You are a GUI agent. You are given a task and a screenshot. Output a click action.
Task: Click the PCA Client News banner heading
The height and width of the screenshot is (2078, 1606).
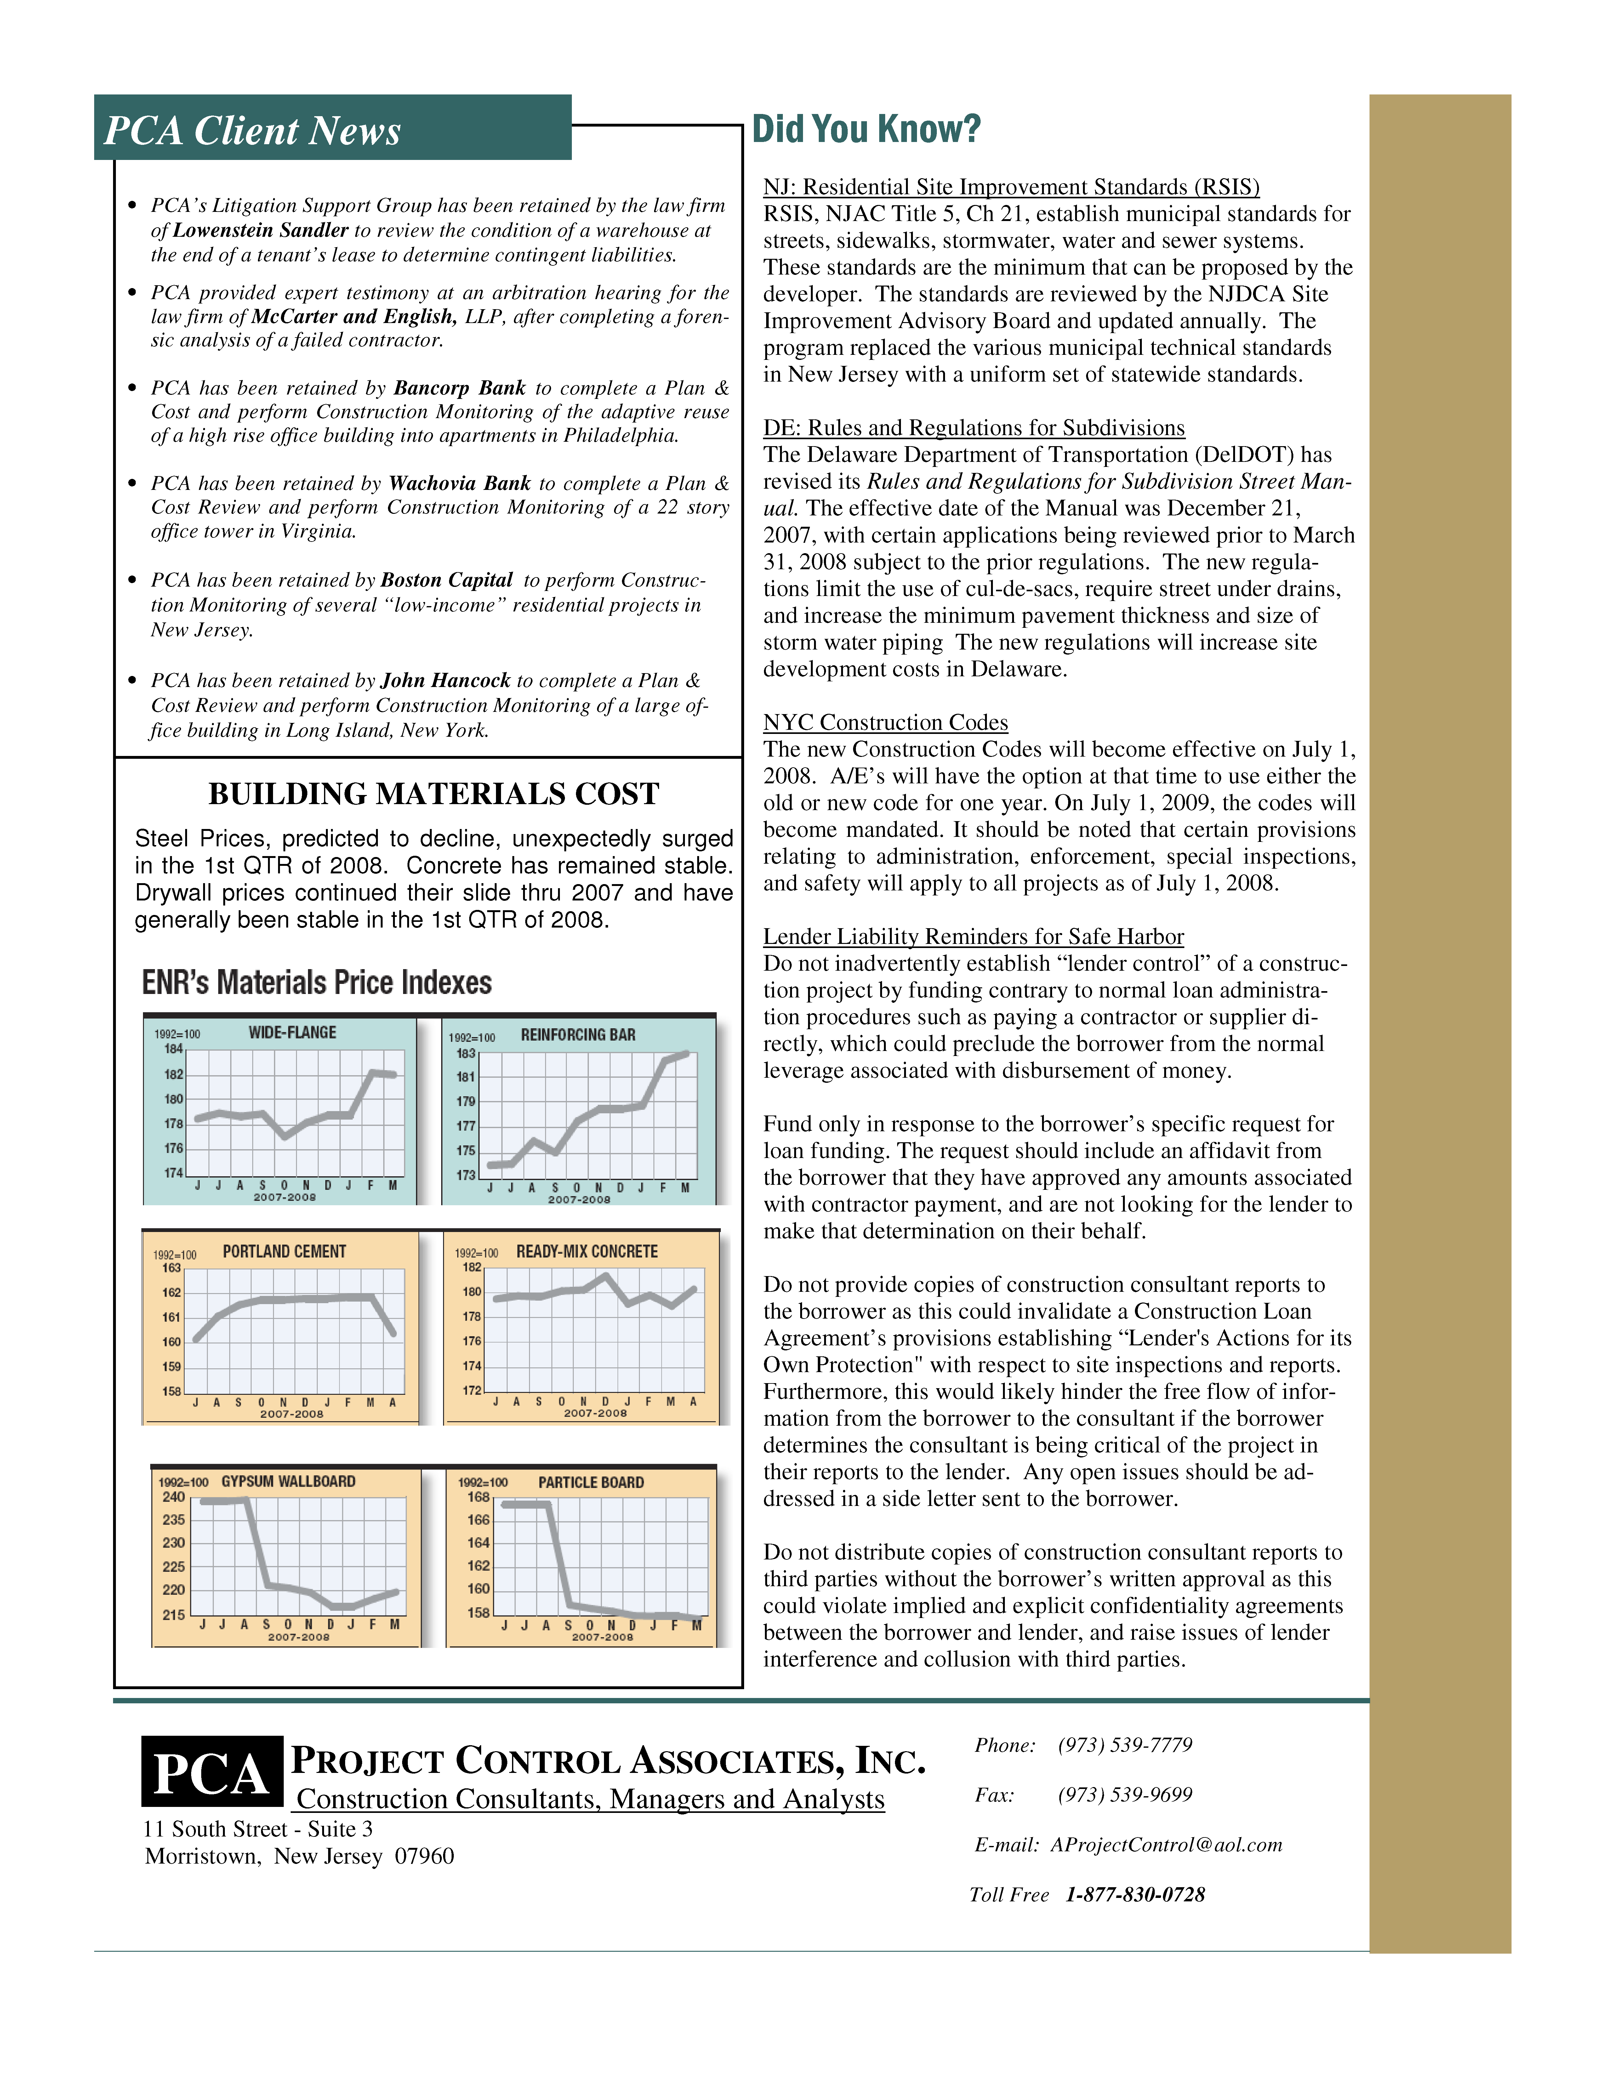252,130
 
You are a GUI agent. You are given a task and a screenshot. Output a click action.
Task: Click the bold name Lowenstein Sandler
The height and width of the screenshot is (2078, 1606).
261,230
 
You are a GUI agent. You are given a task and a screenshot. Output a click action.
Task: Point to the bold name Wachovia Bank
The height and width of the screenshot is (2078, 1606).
459,483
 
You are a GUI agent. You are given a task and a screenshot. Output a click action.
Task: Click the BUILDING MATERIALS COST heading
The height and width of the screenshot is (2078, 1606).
434,793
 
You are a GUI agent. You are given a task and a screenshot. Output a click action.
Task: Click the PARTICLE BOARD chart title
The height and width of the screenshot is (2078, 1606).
591,1482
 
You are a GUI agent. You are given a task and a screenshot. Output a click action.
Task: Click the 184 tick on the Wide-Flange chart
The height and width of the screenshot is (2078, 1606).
173,1048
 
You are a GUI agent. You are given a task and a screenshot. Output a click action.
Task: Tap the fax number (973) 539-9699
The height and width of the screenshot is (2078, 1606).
1125,1794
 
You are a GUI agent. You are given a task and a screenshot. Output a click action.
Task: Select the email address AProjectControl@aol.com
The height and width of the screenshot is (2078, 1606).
1166,1845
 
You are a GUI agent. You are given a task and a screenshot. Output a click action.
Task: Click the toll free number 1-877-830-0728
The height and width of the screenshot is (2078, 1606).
1135,1894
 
